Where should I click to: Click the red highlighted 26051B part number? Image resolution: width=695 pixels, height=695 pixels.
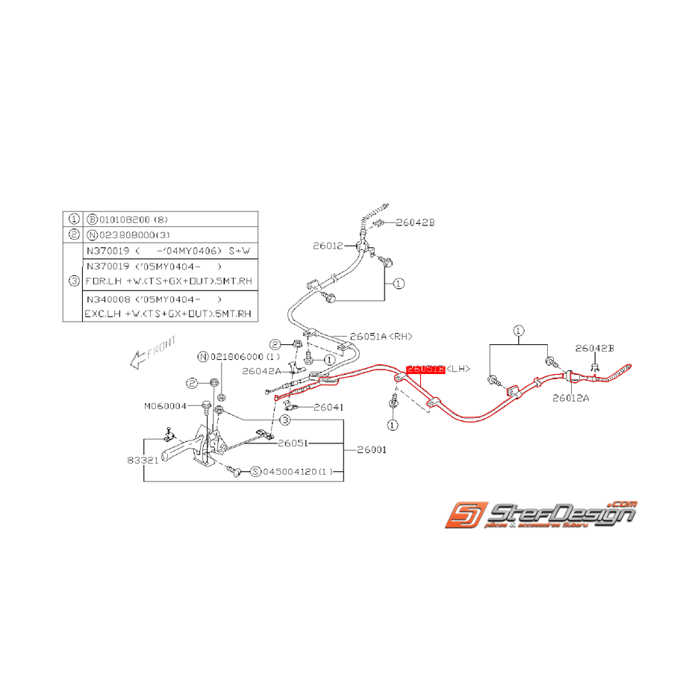tap(425, 369)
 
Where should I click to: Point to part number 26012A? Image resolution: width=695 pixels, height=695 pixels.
tap(571, 398)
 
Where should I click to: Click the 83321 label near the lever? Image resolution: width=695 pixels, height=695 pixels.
tap(142, 461)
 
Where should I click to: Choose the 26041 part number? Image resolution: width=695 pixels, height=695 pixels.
tap(328, 408)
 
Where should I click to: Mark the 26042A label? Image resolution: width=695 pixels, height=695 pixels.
tap(261, 370)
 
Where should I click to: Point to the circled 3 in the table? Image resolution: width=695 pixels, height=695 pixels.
tap(73, 281)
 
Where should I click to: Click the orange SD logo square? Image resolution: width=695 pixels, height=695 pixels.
tap(467, 517)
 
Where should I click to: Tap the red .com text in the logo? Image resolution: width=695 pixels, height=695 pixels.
tap(623, 503)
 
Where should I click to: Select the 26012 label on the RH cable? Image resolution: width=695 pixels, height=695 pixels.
tap(328, 244)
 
